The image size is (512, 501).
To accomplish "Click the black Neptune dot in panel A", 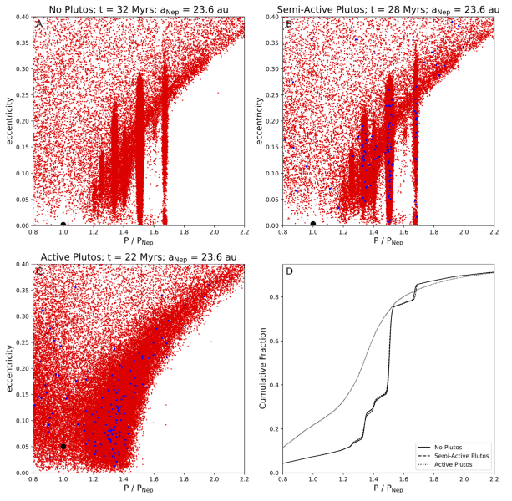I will click(63, 224).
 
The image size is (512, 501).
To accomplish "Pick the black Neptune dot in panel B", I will click(313, 224).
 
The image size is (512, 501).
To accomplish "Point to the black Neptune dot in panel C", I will click(63, 447).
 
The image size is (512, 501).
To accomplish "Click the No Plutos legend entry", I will click(465, 448).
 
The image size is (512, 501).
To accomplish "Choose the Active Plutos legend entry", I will click(468, 466).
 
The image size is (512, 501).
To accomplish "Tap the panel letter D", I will click(289, 271).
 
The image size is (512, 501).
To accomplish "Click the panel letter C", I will click(38, 271).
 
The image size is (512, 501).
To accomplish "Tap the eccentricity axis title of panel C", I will click(8, 368).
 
